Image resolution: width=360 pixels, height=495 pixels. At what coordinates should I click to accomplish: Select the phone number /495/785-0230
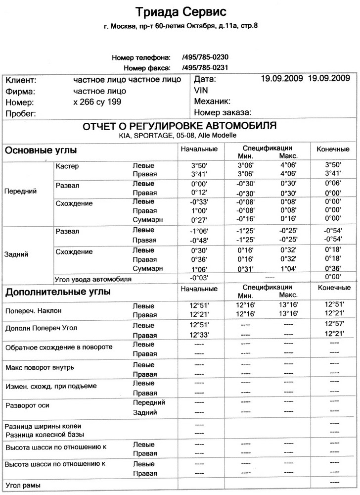pos(205,57)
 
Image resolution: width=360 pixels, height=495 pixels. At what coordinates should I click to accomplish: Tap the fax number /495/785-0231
pos(205,67)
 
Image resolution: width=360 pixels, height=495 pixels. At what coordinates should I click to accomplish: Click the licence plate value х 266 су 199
pos(97,102)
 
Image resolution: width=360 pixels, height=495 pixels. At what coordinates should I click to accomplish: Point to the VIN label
pos(201,91)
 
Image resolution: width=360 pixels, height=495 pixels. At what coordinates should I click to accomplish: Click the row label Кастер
pos(68,166)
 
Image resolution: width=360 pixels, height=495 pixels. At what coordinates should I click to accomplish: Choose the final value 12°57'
pos(334,324)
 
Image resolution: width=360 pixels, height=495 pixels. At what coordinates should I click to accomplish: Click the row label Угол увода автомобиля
pos(93,279)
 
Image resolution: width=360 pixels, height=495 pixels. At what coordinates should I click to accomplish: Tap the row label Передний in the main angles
pos(19,191)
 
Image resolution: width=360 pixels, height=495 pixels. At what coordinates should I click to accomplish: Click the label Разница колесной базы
pos(45,434)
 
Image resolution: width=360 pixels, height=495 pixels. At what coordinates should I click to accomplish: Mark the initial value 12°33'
pos(199,335)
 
